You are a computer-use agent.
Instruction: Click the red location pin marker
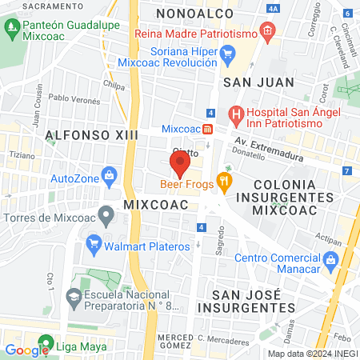tap(179, 165)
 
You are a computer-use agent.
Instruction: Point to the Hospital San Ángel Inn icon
tap(237, 114)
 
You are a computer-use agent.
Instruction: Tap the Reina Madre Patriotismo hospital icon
tap(267, 35)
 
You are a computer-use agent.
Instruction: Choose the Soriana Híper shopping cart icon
tap(227, 54)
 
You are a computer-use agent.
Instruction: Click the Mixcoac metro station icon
tap(207, 128)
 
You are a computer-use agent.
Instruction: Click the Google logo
tap(27, 350)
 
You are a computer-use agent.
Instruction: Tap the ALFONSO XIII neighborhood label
tap(91, 134)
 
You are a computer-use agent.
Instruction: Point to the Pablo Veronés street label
tap(74, 99)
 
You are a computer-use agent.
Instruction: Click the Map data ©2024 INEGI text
tap(312, 353)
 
